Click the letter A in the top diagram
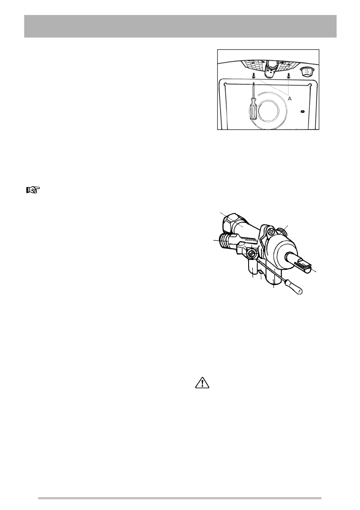point(290,99)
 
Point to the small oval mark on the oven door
point(303,111)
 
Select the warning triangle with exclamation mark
point(201,382)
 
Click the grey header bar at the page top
point(180,27)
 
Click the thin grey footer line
point(180,498)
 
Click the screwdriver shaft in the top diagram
point(253,92)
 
